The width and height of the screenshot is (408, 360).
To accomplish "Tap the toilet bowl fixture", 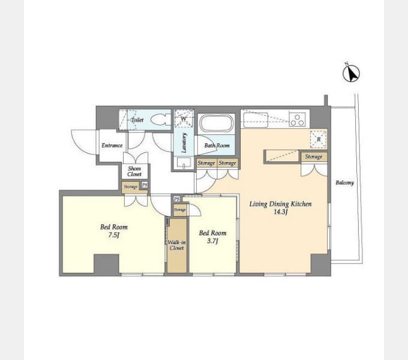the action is pos(158,119).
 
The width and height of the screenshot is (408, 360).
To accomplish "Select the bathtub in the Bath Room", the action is pos(216,124).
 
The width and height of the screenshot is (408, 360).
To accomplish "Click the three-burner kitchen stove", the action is pos(298,119).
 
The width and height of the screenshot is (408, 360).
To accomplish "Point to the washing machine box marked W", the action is pos(184,119).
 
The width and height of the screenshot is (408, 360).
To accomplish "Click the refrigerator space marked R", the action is pos(319,139).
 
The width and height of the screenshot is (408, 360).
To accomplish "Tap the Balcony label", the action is pos(344,182).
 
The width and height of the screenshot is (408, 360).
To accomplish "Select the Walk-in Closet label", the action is pos(176,245).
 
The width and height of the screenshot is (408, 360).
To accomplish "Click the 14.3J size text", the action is pos(280,212).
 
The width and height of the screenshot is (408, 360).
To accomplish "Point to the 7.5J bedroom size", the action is pos(114,235).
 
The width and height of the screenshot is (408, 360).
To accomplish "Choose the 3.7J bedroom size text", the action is pos(212,241).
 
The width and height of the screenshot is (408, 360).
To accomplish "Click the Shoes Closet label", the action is pos(134,172).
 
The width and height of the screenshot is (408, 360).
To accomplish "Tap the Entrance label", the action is pos(112,145).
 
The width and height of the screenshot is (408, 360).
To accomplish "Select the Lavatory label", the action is pos(184,143).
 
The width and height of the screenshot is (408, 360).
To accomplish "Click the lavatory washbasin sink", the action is pos(184,163).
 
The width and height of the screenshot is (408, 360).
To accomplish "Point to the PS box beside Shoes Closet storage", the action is pos(145,185).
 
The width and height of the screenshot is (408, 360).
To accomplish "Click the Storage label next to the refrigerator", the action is pos(314,157).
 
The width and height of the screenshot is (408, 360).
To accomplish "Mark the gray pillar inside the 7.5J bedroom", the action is pos(106,264).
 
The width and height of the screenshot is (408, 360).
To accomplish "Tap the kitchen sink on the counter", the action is pos(256,119).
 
